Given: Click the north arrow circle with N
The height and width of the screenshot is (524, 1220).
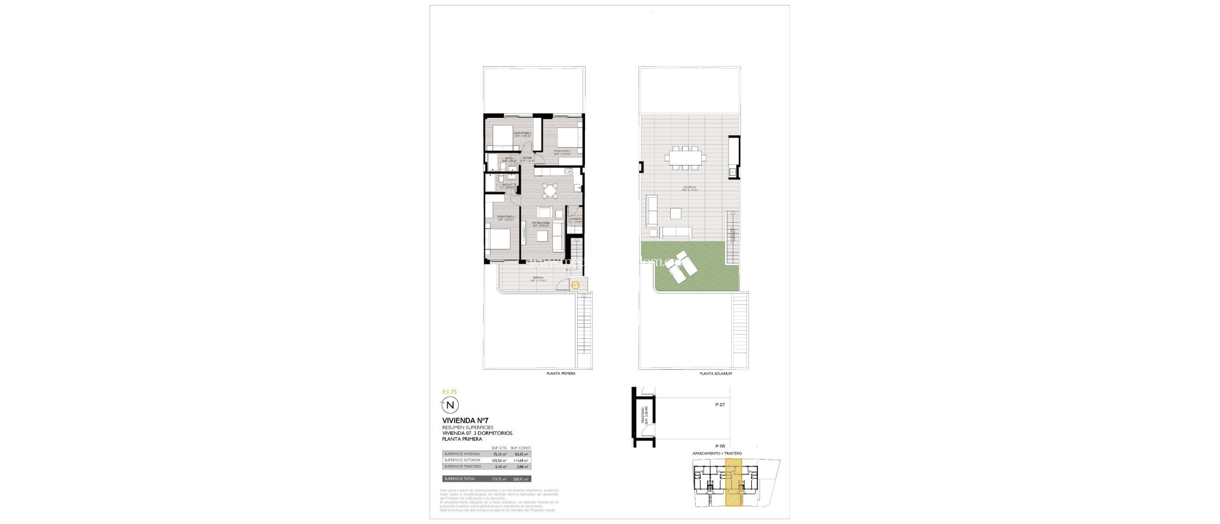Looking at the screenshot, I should pos(450,406).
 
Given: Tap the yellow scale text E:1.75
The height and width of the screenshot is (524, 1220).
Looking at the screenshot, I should pos(449,392).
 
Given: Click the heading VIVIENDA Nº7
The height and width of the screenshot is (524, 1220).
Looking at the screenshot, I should pos(465,420).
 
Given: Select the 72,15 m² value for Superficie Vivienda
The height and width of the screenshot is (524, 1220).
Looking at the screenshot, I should pos(499,454).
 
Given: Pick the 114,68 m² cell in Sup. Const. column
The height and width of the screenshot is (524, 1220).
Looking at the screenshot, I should pos(521,460).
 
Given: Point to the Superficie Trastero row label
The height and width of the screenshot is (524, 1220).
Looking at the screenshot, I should pos(462,466).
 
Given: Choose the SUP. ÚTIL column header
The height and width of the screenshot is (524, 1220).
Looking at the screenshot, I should pos(499,448).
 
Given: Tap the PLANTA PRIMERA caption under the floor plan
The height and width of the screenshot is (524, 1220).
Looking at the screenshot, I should pos(561,373).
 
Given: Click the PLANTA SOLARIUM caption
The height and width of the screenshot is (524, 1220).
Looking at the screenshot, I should pos(715,373).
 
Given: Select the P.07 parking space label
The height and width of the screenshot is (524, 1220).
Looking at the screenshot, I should pos(720,405).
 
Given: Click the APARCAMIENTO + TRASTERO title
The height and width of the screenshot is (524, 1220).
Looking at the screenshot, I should pos(717,454).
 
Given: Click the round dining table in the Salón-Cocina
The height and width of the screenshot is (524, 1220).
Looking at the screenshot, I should pos(133,190).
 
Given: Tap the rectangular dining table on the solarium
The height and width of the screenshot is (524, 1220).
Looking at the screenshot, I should pos(686,158).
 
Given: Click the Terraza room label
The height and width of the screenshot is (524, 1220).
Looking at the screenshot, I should pos(538,278).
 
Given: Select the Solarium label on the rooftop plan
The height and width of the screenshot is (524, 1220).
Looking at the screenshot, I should pos(689,188).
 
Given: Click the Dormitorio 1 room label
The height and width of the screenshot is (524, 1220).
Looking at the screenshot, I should pos(505,217).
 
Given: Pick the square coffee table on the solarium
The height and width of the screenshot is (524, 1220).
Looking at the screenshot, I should pos(676,213).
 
